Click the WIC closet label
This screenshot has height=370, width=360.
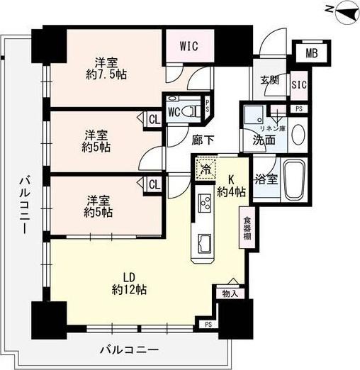[188, 47]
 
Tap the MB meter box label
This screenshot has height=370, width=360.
[312, 52]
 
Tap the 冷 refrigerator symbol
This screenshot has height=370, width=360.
[205, 170]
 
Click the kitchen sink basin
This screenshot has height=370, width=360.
[203, 243]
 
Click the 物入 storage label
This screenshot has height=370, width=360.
[229, 293]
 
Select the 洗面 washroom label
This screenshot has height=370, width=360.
[265, 140]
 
